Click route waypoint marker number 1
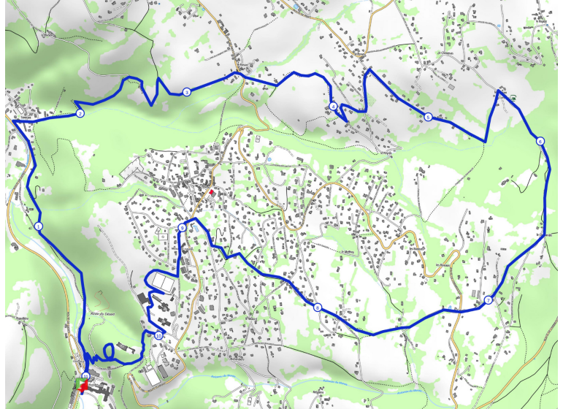pos(38,226)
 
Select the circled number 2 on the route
pos(80,114)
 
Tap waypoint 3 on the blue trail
pos(187,92)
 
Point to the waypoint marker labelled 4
pos(334,107)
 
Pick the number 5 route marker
pos(428,118)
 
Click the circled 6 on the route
pos(539,141)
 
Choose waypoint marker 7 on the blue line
pos(487,301)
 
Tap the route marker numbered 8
pos(318,307)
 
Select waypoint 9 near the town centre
pos(182,229)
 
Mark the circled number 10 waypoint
pos(158,336)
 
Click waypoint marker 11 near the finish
pos(85,375)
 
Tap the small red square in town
pos(212,192)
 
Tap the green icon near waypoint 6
pos(513,98)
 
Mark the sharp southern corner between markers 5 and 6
pos(485,142)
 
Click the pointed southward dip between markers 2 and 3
pos(151,104)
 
